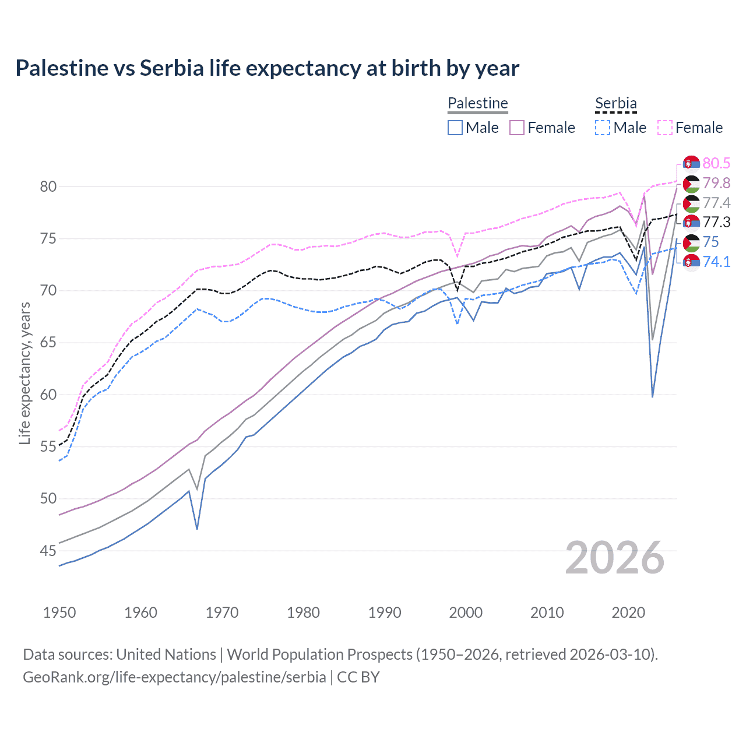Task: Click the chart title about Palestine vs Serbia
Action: (x=267, y=68)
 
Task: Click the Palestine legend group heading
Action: (x=478, y=103)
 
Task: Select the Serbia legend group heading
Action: (x=615, y=103)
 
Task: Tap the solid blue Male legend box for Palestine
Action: (x=455, y=128)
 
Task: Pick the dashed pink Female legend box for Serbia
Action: (x=665, y=128)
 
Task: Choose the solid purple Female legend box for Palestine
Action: (x=517, y=128)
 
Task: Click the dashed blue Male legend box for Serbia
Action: (x=603, y=128)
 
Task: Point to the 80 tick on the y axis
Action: (x=48, y=187)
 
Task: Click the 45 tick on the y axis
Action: (x=48, y=551)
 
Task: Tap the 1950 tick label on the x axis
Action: (x=59, y=613)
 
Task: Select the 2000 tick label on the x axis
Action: (x=466, y=613)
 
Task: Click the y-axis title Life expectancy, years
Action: (x=24, y=373)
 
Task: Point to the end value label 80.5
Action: (x=716, y=163)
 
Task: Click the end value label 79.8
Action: (x=716, y=183)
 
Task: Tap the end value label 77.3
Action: (x=716, y=222)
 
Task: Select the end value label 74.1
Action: (x=716, y=262)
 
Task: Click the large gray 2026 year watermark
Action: (x=614, y=558)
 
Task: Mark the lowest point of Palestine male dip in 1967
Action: (x=197, y=529)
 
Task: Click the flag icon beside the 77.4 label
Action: (x=691, y=203)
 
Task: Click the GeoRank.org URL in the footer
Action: (x=174, y=677)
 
